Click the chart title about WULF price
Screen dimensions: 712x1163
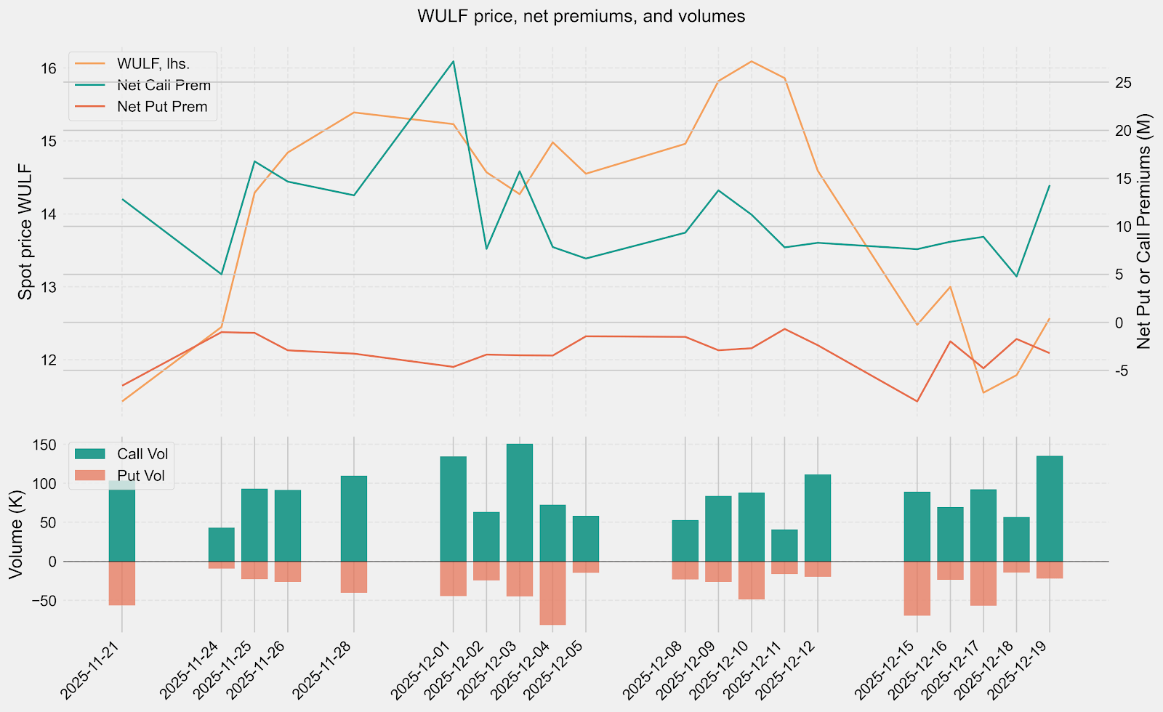point(581,16)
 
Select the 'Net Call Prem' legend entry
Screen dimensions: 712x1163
point(163,85)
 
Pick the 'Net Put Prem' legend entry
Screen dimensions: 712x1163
point(161,107)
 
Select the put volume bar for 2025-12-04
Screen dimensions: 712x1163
point(552,593)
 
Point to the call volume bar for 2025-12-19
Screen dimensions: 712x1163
point(1050,509)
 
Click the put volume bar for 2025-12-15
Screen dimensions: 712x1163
point(917,588)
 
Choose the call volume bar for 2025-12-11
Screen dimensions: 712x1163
point(784,546)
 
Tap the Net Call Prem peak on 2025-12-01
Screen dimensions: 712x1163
point(454,62)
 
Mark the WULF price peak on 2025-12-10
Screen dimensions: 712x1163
point(752,62)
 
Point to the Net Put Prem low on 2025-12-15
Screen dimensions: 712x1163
point(917,401)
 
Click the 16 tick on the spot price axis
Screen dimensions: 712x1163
point(49,68)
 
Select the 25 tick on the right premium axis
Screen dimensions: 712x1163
point(1123,83)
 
